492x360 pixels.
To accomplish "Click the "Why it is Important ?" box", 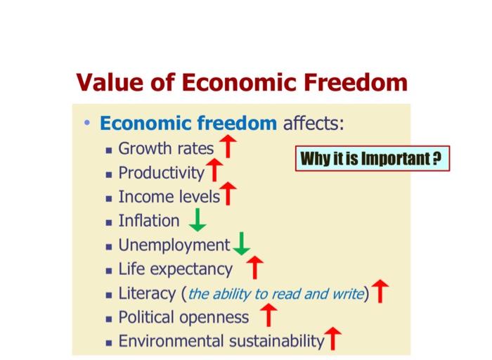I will click(371, 159).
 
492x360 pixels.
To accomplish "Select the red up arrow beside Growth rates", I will click(227, 148).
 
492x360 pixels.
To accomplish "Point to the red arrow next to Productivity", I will click(215, 171).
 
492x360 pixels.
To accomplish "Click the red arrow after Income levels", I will click(228, 195).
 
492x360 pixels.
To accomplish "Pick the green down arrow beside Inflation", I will click(198, 220).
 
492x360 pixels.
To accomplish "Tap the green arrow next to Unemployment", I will click(241, 244).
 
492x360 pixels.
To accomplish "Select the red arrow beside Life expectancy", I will click(255, 268).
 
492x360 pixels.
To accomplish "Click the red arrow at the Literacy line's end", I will click(380, 292).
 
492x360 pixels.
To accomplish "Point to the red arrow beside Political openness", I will click(268, 316).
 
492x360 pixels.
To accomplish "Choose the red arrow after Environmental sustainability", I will click(332, 340).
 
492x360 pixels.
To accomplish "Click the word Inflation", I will click(149, 221).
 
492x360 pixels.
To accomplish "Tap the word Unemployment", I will click(174, 245).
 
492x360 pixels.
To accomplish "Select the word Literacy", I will click(147, 293).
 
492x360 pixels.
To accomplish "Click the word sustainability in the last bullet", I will click(276, 341).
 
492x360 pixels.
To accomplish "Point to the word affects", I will click(313, 124).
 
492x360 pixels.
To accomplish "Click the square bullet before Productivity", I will click(109, 174).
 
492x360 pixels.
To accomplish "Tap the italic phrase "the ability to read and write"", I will click(276, 294).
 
